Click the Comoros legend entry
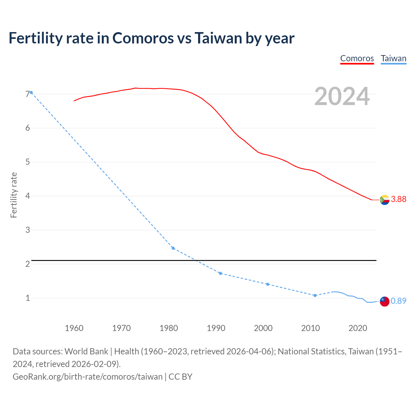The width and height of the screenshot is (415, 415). (x=357, y=58)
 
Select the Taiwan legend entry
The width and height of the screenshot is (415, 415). (x=393, y=58)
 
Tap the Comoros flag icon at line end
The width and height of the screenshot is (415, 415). (x=385, y=200)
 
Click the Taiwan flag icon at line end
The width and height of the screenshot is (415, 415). (x=385, y=301)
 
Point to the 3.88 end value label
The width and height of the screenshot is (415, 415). (x=398, y=199)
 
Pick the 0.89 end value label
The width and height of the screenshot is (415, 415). (x=398, y=301)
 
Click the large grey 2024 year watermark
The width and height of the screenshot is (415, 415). (x=342, y=96)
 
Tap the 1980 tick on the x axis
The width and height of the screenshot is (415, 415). (x=169, y=328)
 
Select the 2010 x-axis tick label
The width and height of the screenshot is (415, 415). (x=310, y=328)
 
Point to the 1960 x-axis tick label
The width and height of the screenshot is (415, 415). (x=74, y=328)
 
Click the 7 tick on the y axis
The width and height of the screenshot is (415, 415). (x=28, y=94)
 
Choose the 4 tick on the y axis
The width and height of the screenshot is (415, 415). (x=28, y=196)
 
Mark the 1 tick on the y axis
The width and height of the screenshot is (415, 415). (x=28, y=298)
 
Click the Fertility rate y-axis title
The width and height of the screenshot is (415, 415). (x=14, y=195)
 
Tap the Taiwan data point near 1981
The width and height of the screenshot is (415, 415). (x=173, y=248)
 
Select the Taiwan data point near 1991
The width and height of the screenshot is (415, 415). (x=220, y=273)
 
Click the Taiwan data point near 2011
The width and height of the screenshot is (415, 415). (x=315, y=295)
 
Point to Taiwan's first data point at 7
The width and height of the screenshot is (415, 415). (x=31, y=92)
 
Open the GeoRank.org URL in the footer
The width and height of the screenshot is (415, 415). (x=88, y=376)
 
